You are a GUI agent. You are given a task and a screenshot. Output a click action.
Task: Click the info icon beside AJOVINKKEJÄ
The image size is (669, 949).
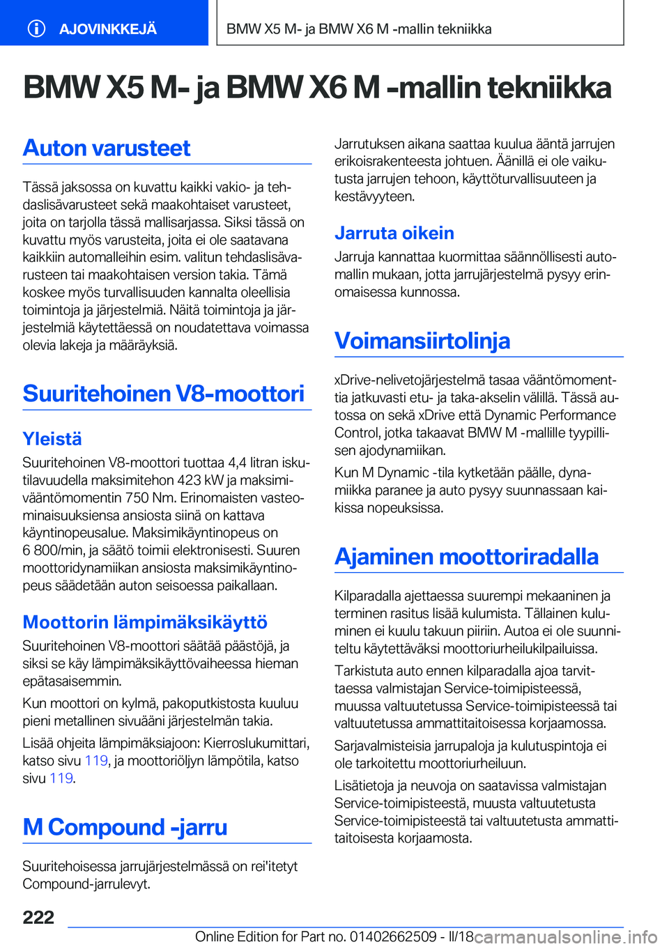pyautogui.click(x=36, y=29)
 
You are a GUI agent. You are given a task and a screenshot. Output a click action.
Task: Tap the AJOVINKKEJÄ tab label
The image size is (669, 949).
pyautogui.click(x=108, y=29)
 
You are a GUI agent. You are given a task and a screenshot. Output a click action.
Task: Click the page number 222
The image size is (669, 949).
pyautogui.click(x=38, y=917)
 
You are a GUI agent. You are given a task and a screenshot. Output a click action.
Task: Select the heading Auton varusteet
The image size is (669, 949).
pyautogui.click(x=107, y=148)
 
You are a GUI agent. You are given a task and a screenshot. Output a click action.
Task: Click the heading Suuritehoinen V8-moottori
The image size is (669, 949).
pyautogui.click(x=164, y=394)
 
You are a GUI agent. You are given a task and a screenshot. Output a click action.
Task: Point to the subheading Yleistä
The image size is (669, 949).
pyautogui.click(x=52, y=439)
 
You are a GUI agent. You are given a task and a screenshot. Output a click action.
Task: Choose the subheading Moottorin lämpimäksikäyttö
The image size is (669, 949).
pyautogui.click(x=145, y=622)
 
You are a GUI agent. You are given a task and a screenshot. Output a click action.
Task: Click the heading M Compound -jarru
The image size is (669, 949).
pyautogui.click(x=125, y=827)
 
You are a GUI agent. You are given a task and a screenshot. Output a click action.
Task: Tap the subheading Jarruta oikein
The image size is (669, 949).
pyautogui.click(x=394, y=233)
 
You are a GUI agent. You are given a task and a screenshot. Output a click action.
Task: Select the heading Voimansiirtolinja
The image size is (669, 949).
pyautogui.click(x=422, y=341)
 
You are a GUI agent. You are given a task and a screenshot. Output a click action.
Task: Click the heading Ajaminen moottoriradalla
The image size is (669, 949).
pyautogui.click(x=466, y=557)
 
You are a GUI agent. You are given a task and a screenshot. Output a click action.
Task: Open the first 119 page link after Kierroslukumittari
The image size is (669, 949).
pyautogui.click(x=96, y=761)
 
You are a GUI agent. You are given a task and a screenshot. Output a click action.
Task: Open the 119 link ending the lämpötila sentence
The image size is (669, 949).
pyautogui.click(x=61, y=778)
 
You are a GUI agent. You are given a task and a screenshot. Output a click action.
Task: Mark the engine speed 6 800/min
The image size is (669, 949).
pyautogui.click(x=53, y=550)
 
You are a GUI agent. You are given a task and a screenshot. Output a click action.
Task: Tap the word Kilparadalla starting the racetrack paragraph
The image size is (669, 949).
pyautogui.click(x=368, y=596)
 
